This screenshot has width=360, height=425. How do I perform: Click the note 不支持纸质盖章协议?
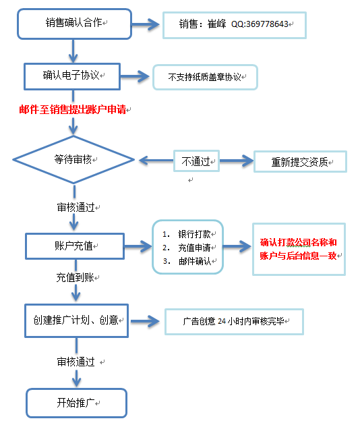tap(205, 78)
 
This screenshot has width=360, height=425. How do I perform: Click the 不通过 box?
tap(196, 161)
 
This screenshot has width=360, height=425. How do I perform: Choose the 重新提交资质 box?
tap(299, 162)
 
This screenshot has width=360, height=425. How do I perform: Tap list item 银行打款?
tap(194, 234)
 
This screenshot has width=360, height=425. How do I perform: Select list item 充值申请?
tap(194, 248)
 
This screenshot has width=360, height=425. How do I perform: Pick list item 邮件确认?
tap(194, 261)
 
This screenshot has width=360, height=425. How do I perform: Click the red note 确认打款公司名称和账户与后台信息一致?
tap(298, 249)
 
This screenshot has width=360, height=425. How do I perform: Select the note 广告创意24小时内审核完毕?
tap(233, 322)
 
